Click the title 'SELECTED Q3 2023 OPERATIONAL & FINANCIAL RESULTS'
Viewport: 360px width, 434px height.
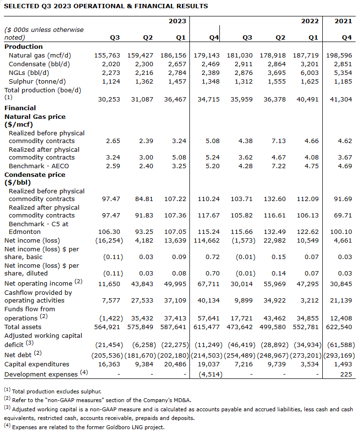click(106, 6)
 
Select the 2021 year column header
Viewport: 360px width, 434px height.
click(343, 21)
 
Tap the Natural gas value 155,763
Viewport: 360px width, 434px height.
click(109, 56)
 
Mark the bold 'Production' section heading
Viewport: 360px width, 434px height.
click(24, 47)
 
